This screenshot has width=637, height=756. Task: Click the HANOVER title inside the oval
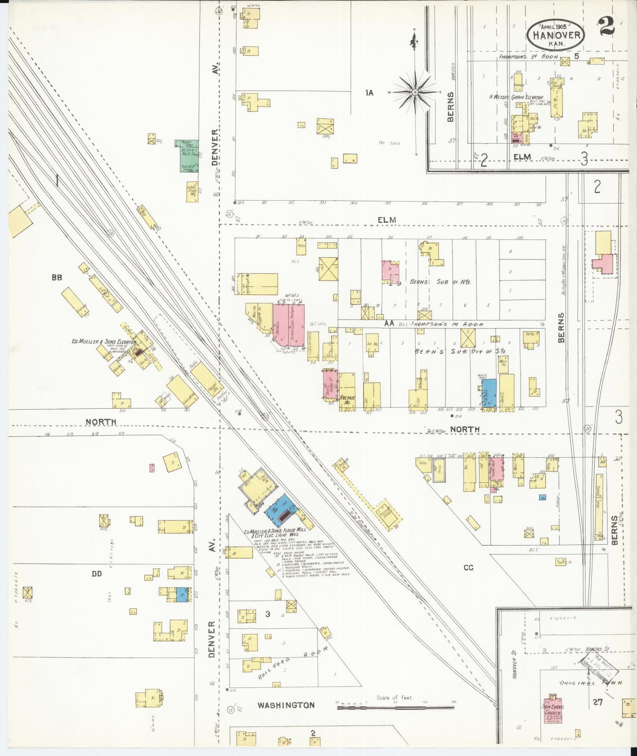point(556,35)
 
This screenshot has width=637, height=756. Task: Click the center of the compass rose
point(415,92)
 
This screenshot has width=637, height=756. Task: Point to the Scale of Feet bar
point(395,707)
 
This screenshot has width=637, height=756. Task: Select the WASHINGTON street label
point(286,705)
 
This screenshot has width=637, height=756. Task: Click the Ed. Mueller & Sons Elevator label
point(104,341)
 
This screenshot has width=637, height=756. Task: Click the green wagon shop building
point(189,156)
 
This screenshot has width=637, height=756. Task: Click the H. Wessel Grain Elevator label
point(516,97)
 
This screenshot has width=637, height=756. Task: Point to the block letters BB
point(57,277)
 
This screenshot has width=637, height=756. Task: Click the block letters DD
point(97,573)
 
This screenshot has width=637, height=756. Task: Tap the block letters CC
point(468,567)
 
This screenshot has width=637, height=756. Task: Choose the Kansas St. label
point(598,650)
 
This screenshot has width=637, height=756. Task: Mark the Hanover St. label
point(514,668)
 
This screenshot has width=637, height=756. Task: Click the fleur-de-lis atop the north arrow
point(414,42)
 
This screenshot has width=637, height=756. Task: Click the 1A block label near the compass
point(369,93)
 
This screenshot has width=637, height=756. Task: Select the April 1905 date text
point(556,26)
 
